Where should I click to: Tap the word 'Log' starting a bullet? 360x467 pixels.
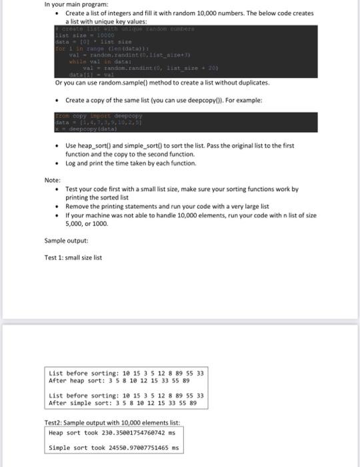click(71, 163)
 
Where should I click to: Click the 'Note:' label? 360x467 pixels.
click(53, 180)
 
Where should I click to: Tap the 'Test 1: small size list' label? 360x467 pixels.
click(73, 258)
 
